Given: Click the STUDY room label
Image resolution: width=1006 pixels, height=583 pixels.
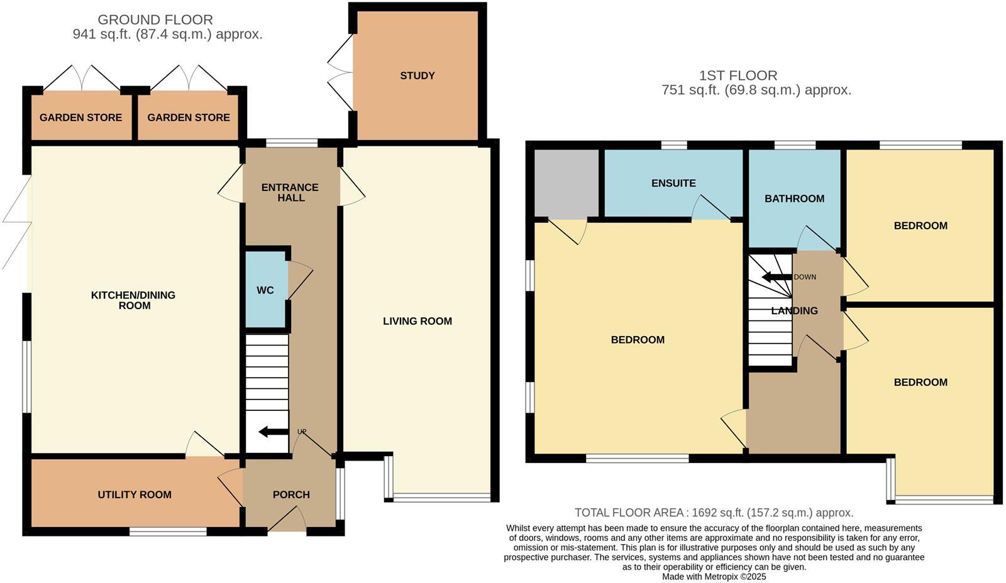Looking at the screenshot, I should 417,75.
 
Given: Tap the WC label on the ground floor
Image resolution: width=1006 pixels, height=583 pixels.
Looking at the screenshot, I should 265,290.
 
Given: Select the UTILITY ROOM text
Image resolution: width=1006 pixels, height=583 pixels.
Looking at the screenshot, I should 134,494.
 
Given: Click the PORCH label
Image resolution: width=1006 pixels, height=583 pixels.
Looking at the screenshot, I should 291,494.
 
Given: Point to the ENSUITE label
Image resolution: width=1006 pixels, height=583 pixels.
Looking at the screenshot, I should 673,183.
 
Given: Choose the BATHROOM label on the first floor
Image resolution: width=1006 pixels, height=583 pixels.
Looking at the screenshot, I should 794,199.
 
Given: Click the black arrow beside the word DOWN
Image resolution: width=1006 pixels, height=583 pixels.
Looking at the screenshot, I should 775,277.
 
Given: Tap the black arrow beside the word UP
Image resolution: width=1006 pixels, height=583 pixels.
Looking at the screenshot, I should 272,432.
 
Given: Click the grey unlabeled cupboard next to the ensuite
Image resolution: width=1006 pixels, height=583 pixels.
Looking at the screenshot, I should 566,183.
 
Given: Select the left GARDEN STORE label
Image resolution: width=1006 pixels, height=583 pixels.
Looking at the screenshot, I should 80,117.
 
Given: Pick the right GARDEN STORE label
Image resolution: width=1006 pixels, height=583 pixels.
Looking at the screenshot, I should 188,117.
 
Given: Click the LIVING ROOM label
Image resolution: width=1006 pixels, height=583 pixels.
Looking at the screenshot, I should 417,321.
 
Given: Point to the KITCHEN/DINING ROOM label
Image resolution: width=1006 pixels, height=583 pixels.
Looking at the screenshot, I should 133,300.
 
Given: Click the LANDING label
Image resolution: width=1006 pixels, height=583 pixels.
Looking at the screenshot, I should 794,310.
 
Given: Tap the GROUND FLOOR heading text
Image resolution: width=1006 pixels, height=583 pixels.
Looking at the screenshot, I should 155,20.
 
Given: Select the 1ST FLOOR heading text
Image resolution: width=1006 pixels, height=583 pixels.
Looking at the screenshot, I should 738,75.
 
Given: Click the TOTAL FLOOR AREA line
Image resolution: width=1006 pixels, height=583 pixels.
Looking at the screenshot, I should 714,513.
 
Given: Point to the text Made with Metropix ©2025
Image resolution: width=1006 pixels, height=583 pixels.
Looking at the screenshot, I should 714,576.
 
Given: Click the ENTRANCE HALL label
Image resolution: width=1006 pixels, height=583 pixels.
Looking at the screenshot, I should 290,192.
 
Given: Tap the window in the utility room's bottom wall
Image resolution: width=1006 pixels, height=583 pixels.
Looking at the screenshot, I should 168,531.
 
